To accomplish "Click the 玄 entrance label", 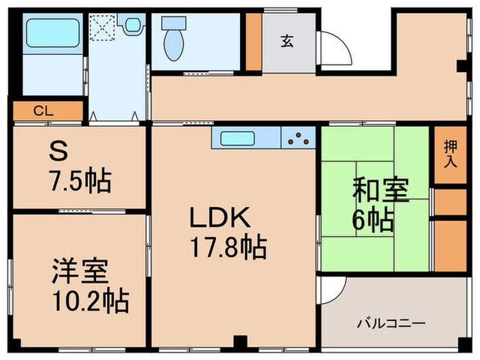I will point(287,40).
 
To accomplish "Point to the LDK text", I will point(215,218).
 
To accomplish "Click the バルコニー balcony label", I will point(392,323).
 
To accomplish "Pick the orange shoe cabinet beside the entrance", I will point(254,40).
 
